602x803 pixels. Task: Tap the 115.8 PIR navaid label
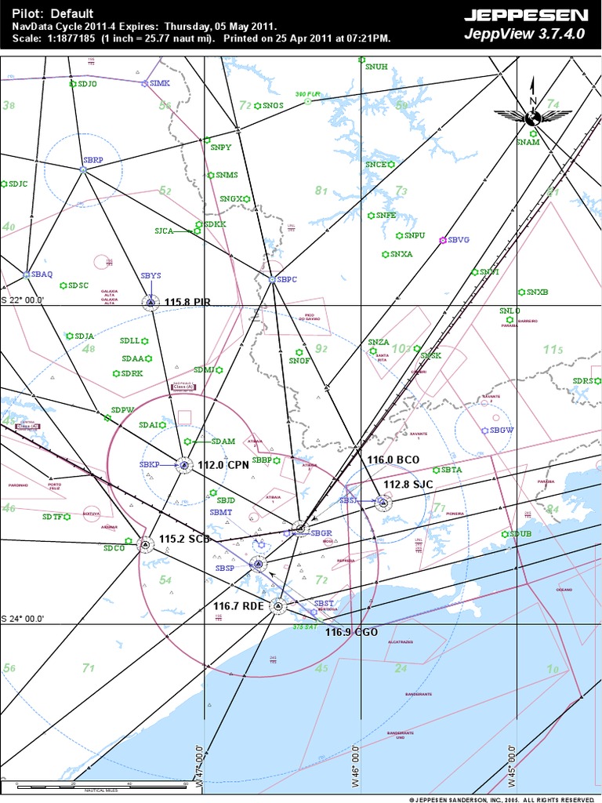point(187,302)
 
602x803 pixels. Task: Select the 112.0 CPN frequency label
point(223,464)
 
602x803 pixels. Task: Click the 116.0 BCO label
point(394,458)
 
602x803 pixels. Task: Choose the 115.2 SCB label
point(184,540)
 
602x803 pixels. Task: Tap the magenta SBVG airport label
point(458,240)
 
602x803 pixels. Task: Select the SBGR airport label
point(321,533)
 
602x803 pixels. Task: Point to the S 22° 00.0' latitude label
point(23,300)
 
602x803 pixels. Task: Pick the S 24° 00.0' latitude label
point(23,618)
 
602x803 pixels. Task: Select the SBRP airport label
point(92,160)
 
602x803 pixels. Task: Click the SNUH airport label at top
point(376,67)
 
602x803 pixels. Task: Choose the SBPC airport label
point(288,279)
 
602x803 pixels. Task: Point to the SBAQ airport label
point(42,274)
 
